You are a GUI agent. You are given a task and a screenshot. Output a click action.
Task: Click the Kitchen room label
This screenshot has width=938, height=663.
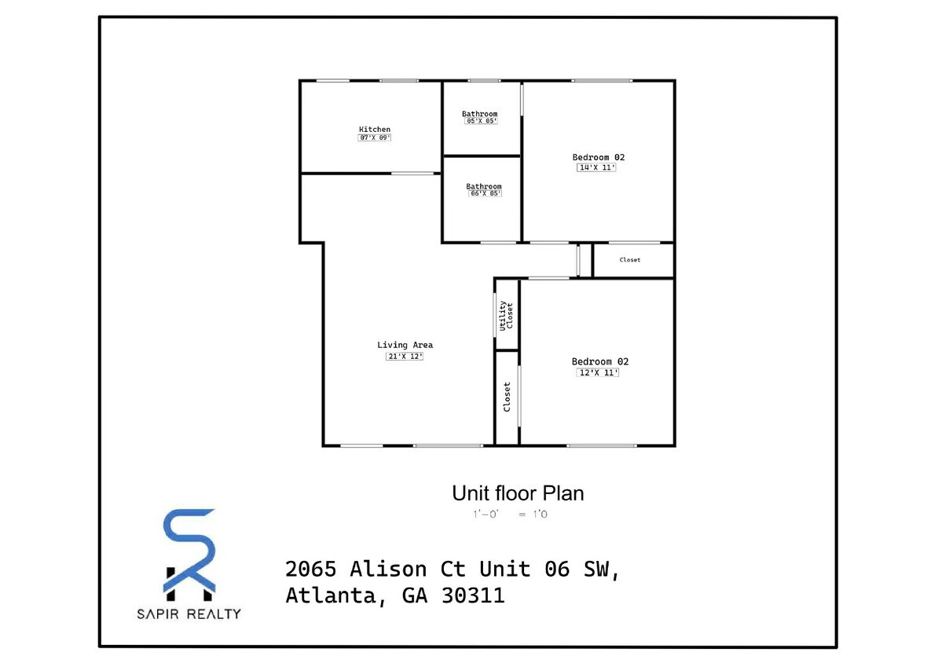tap(375, 129)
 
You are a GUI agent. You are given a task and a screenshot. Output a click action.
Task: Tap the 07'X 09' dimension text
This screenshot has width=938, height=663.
tap(375, 138)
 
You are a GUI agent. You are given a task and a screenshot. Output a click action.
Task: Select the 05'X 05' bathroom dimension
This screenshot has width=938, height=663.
tap(482, 122)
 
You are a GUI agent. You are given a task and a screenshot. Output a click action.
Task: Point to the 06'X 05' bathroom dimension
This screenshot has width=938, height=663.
tap(485, 194)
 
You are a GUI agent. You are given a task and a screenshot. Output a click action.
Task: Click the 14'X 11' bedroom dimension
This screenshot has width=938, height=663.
tap(596, 167)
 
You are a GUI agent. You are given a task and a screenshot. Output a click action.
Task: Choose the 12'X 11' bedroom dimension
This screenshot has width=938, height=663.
tap(599, 373)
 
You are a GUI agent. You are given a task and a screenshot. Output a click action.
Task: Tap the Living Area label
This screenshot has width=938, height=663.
tap(405, 345)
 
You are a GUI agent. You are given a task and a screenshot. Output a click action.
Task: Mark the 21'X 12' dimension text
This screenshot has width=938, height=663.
tap(405, 357)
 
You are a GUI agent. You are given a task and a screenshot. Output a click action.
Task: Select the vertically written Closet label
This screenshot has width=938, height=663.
tap(507, 397)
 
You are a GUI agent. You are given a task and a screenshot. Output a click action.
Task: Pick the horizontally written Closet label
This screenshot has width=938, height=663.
tap(630, 260)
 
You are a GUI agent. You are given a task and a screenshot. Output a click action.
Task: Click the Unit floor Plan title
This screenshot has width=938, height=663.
tap(518, 493)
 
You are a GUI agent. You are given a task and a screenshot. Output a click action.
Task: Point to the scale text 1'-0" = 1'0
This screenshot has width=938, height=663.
tap(515, 515)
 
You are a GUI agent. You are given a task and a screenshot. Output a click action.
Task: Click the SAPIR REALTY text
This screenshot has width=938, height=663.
tap(189, 614)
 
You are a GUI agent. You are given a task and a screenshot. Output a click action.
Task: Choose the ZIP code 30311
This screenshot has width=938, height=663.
tap(475, 596)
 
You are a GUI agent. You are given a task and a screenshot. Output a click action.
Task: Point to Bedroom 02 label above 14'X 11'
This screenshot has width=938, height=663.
tap(599, 157)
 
